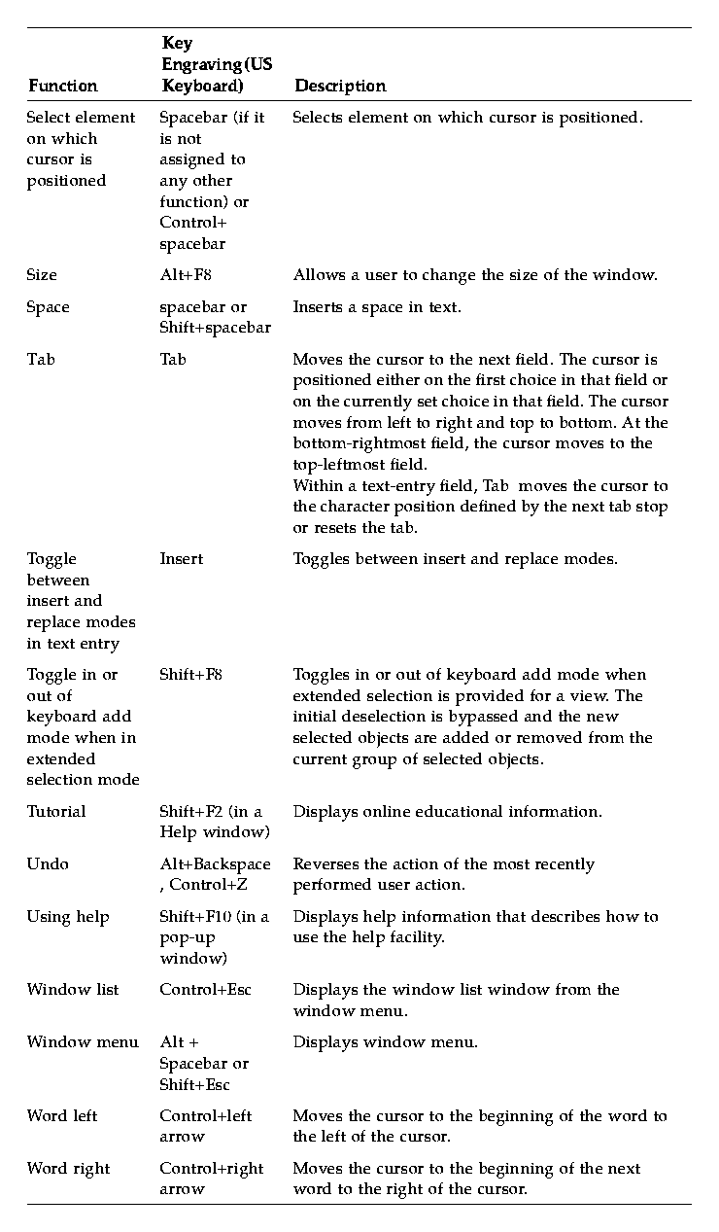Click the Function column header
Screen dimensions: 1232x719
(62, 86)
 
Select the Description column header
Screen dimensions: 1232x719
(340, 86)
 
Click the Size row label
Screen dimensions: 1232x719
(42, 275)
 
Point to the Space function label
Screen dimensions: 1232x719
(48, 307)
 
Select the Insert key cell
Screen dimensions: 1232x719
(182, 559)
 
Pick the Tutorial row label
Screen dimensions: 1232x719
(56, 812)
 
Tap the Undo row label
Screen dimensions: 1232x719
(48, 864)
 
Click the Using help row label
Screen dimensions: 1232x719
(68, 917)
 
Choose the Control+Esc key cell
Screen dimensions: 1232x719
(205, 990)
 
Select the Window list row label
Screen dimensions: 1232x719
(73, 990)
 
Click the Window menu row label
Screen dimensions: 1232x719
(83, 1042)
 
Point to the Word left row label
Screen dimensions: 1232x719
(62, 1116)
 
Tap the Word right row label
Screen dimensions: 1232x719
(68, 1169)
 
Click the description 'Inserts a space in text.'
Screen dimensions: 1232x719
(377, 307)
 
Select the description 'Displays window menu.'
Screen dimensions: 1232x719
(385, 1042)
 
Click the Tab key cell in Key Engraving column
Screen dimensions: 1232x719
(173, 360)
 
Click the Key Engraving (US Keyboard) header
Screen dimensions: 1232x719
(217, 64)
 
